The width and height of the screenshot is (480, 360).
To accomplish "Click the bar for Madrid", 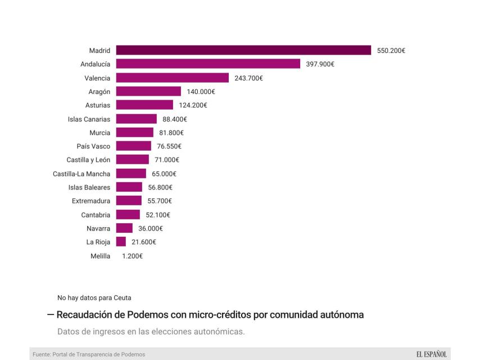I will tap(243, 50).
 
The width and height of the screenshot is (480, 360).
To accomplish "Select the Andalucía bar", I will tap(208, 64).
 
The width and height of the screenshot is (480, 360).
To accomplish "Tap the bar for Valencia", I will tap(173, 78).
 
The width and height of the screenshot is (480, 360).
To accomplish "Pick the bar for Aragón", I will tap(148, 91).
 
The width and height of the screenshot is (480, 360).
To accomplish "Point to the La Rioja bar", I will tap(121, 242).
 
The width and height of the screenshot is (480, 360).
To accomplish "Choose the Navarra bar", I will tap(124, 228).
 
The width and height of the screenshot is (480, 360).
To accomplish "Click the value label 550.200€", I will tap(391, 51).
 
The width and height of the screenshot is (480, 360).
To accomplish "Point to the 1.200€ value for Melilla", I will tap(132, 256).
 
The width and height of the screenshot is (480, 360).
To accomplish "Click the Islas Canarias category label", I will tap(89, 119).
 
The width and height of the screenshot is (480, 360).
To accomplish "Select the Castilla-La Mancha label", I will tap(81, 174).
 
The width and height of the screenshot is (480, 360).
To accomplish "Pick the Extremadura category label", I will tap(91, 201).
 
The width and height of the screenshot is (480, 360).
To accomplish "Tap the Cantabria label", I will tap(96, 215).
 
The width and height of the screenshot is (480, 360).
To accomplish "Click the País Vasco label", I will tap(93, 146).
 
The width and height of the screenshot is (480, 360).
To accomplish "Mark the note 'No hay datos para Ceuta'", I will tap(94, 298).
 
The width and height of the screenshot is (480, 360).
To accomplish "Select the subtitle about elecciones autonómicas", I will tap(151, 331).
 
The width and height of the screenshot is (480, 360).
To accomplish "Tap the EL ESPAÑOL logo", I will tap(431, 354).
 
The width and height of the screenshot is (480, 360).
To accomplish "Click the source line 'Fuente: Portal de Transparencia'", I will tap(89, 354).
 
